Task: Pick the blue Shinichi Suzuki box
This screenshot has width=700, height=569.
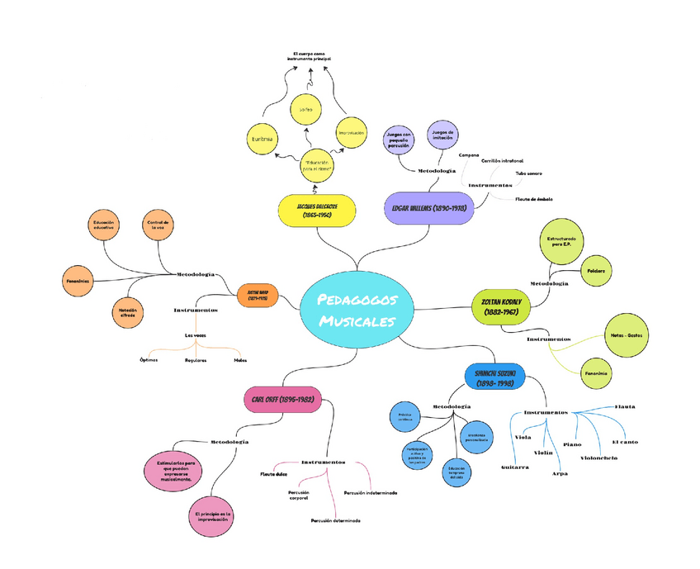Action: coord(494,377)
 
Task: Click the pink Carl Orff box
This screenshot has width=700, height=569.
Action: coord(282,400)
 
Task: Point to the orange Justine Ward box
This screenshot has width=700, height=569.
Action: coord(258,295)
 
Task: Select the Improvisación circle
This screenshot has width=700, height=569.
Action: coord(351,132)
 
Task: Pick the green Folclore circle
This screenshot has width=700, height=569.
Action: coord(595,272)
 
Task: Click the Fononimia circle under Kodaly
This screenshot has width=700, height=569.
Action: coord(596,373)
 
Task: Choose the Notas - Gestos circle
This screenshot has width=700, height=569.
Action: coord(627,334)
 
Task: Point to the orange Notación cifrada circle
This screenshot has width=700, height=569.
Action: coord(127,312)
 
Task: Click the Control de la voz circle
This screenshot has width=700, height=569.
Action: coord(157,225)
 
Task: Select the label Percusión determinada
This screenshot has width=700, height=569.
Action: coord(335,521)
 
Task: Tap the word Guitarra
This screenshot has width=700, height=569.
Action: coord(515,467)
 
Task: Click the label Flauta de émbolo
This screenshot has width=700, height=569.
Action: coord(533,199)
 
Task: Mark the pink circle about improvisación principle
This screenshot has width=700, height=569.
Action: coord(212,517)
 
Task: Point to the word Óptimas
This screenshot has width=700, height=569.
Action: coord(149,360)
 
